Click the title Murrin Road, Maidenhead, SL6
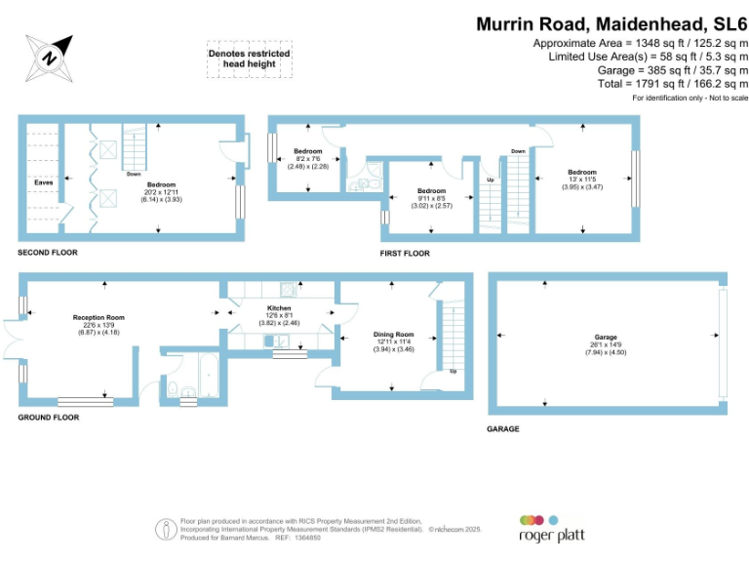coord(611,24)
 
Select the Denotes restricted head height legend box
coord(249,59)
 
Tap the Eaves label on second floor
coord(43,182)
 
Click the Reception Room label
coord(99,317)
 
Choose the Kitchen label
coord(280,308)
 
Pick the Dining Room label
coord(394,335)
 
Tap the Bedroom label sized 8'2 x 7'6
coord(308,152)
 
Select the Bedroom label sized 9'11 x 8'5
coord(431,191)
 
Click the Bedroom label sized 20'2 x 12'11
coord(161,184)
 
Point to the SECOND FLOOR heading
coord(48,253)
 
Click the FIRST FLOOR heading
coord(405,254)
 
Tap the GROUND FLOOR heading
coord(49,417)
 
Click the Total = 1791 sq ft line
coord(672,84)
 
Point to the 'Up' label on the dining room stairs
coord(453,372)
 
